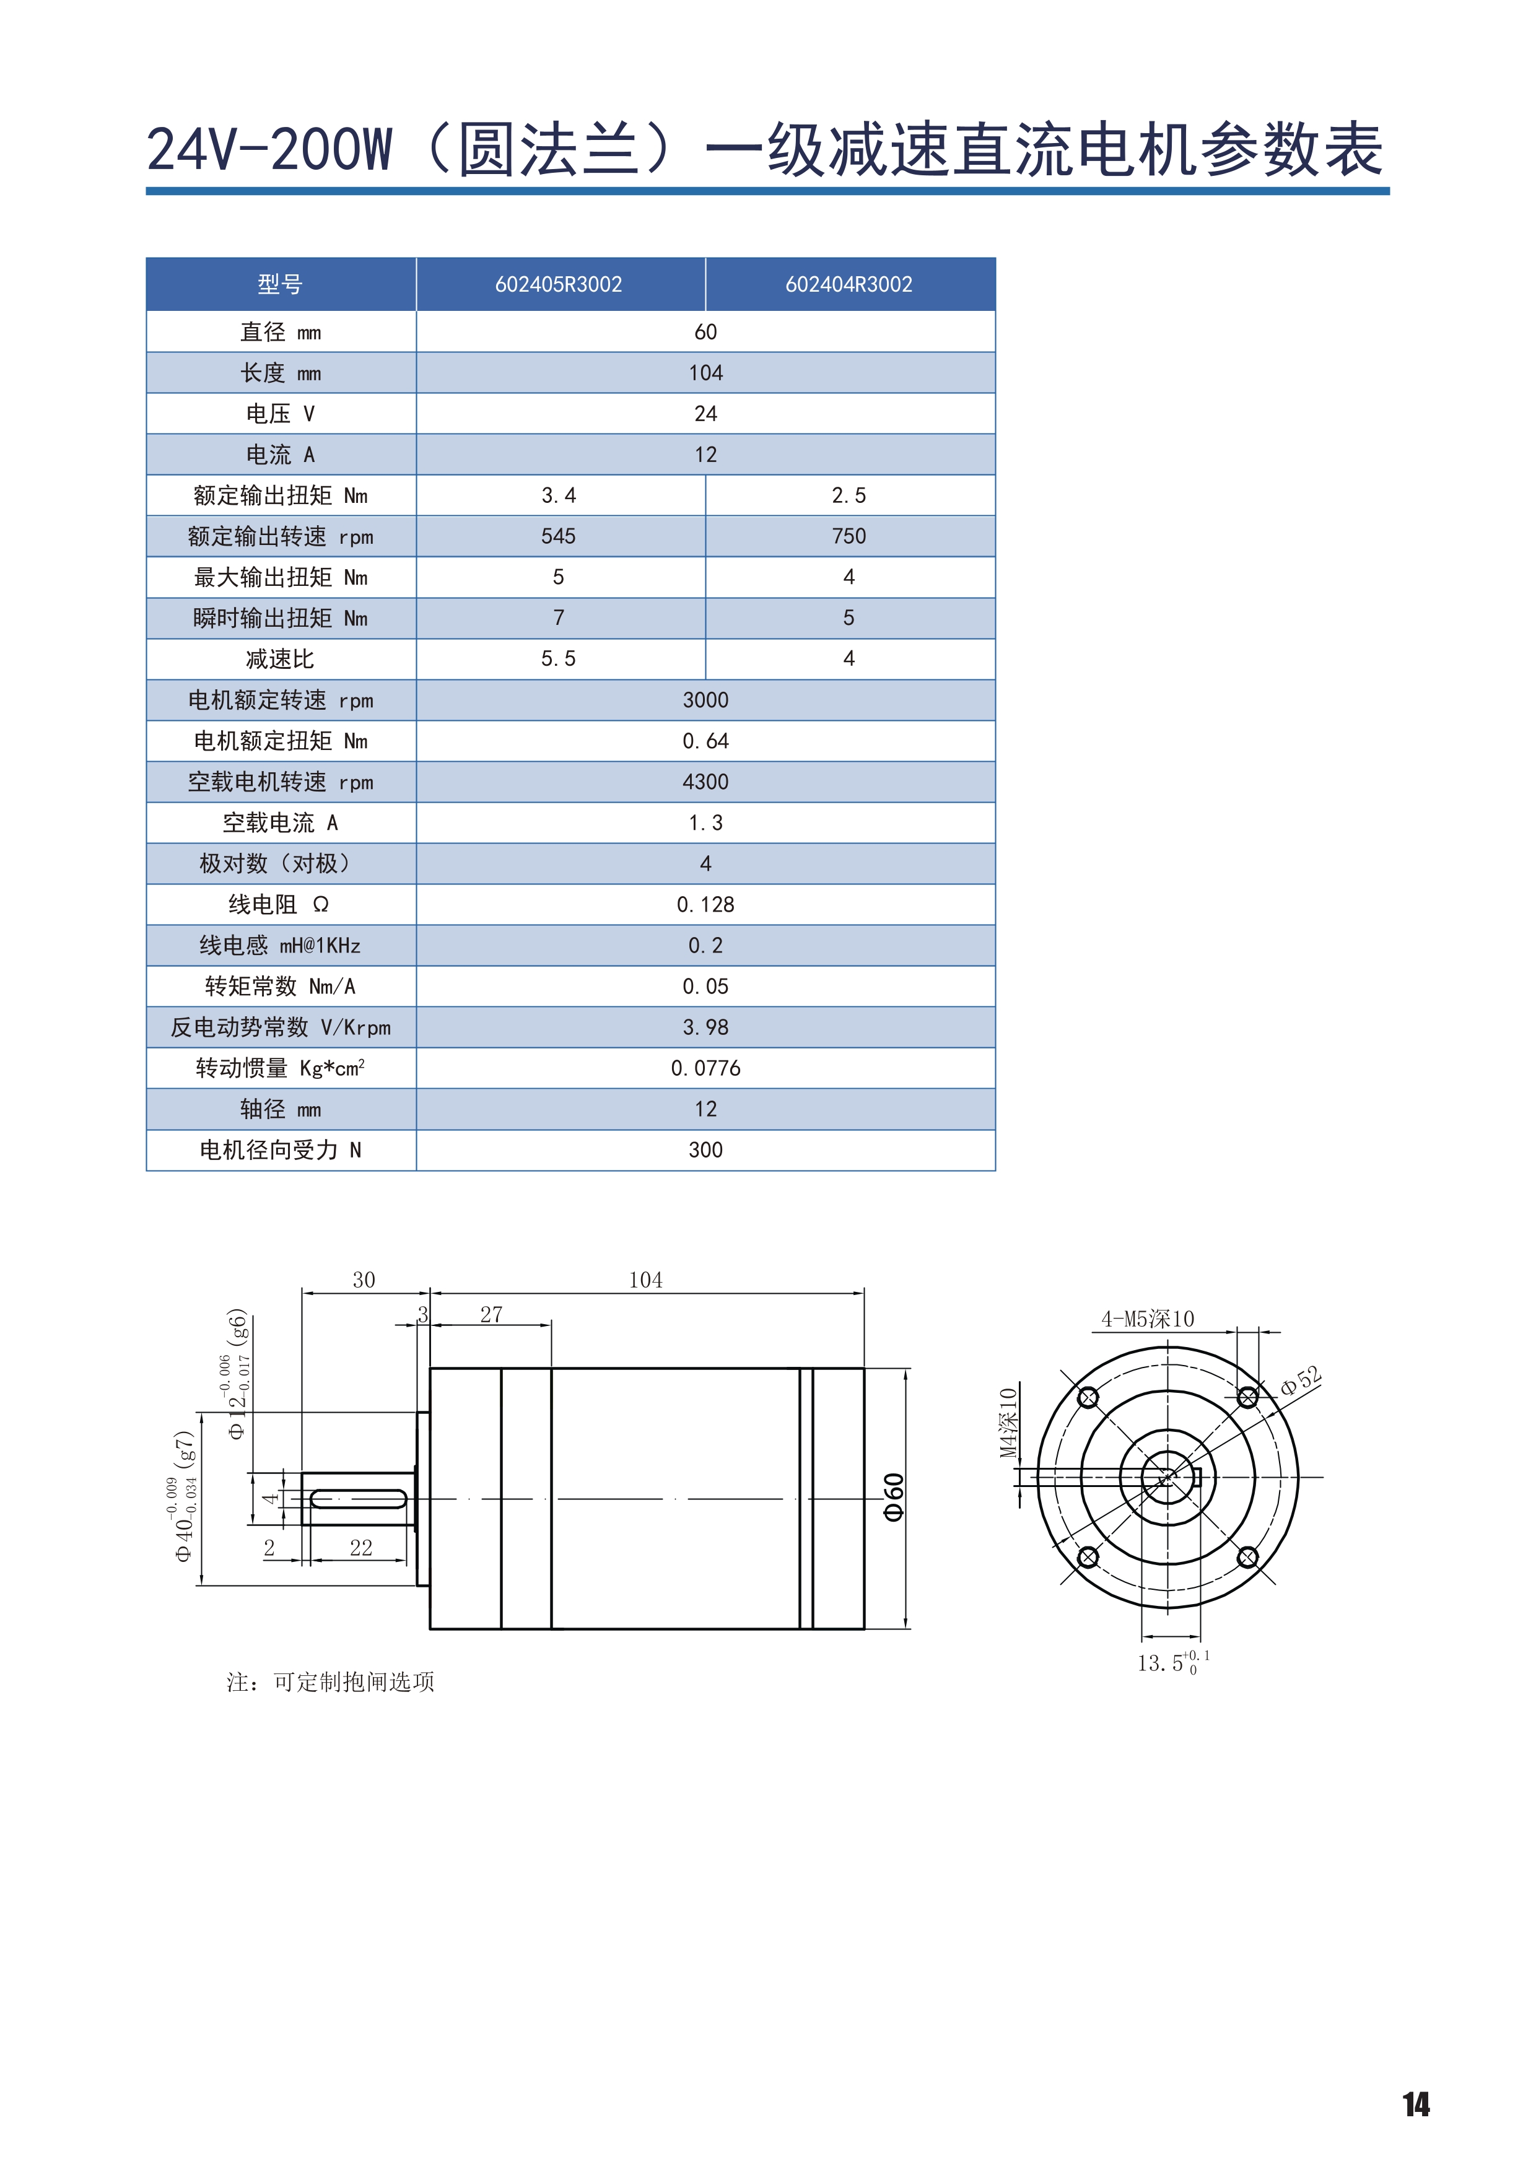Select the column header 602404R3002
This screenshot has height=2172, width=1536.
tap(849, 285)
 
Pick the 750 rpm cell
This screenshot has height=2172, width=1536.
tap(849, 536)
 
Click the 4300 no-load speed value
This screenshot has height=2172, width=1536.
tap(705, 782)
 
